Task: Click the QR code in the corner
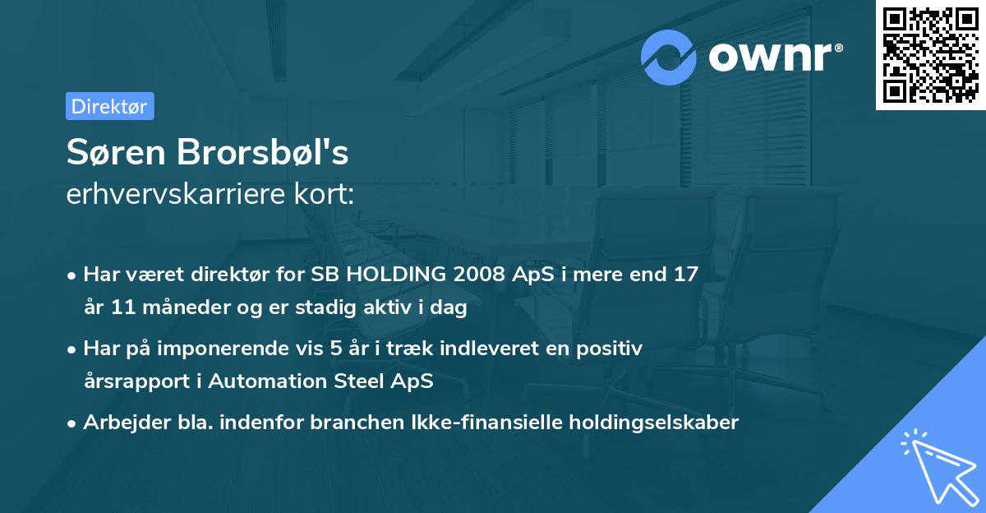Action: click(x=930, y=55)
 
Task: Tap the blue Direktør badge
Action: click(x=109, y=107)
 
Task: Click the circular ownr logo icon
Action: click(x=669, y=57)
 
